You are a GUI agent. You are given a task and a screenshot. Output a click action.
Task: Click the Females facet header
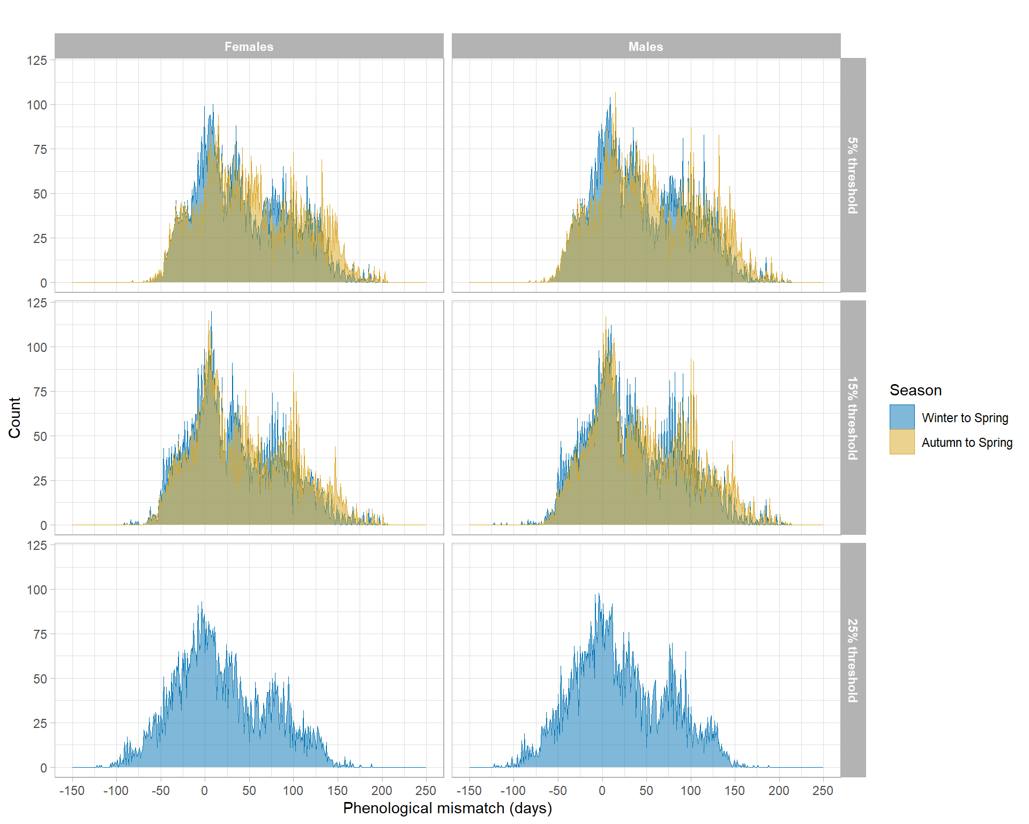(x=249, y=47)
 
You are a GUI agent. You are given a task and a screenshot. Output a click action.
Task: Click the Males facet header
(x=645, y=47)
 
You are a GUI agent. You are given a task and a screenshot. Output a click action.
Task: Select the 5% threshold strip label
(x=853, y=175)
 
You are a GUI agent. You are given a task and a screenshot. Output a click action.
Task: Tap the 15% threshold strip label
(x=853, y=418)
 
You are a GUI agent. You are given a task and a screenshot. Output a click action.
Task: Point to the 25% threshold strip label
(x=853, y=660)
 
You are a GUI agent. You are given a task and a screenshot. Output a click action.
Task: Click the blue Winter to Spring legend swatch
(x=902, y=417)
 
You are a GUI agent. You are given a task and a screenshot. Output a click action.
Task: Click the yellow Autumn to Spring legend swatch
(x=902, y=442)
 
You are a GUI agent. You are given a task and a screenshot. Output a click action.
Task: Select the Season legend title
(x=915, y=390)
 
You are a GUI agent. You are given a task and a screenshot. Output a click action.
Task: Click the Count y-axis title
(x=14, y=418)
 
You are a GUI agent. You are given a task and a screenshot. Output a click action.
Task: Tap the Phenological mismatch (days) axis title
(x=448, y=808)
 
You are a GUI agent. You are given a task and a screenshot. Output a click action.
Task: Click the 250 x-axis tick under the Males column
(x=823, y=791)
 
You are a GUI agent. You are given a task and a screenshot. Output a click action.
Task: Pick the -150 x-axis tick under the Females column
(x=72, y=791)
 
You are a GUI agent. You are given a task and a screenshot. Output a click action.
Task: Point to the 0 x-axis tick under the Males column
(x=602, y=791)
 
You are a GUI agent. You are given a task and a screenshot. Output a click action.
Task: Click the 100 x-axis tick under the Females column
(x=293, y=791)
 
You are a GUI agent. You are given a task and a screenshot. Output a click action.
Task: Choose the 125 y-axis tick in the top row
(x=37, y=61)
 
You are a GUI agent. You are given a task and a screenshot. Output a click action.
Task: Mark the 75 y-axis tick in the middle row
(x=40, y=392)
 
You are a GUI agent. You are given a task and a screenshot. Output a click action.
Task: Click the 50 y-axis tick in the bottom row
(x=40, y=679)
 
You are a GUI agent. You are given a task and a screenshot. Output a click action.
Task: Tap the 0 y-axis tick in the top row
(x=43, y=283)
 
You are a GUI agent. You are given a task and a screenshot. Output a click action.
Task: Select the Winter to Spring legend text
(x=965, y=418)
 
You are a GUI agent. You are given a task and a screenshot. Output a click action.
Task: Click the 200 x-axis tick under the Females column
(x=382, y=791)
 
